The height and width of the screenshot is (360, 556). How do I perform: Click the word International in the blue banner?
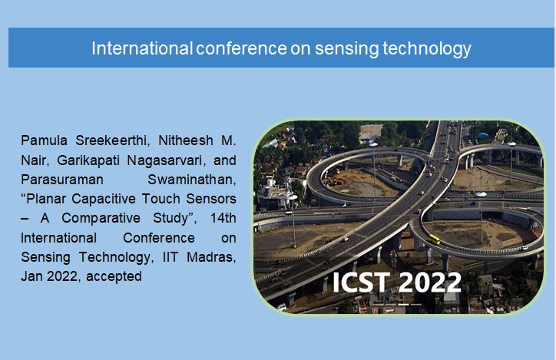pyautogui.click(x=142, y=48)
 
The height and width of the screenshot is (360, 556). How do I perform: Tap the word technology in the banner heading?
pyautogui.click(x=427, y=49)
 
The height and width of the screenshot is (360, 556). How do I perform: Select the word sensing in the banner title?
pyautogui.click(x=346, y=49)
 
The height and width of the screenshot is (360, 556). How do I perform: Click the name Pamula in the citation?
pyautogui.click(x=44, y=140)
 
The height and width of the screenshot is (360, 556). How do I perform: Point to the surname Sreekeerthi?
pyautogui.click(x=112, y=140)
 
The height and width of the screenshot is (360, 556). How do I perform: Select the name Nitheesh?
pyautogui.click(x=186, y=140)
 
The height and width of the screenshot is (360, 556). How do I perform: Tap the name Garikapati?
pyautogui.click(x=88, y=160)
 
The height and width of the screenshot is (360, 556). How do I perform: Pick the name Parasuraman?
pyautogui.click(x=62, y=180)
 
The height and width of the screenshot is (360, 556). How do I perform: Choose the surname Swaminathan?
pyautogui.click(x=192, y=180)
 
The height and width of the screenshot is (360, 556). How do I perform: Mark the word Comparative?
pyautogui.click(x=101, y=218)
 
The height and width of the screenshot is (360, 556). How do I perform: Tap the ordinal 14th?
pyautogui.click(x=223, y=218)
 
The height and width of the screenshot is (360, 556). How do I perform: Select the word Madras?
pyautogui.click(x=211, y=257)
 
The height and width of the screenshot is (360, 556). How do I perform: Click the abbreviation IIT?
pyautogui.click(x=170, y=257)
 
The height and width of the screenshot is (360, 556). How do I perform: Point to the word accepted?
pyautogui.click(x=114, y=276)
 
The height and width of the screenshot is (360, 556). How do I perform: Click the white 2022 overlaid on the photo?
pyautogui.click(x=430, y=282)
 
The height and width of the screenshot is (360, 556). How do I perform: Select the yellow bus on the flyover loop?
pyautogui.click(x=435, y=239)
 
